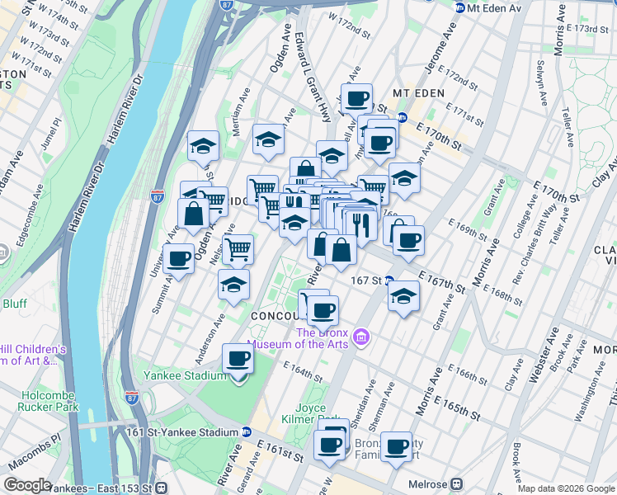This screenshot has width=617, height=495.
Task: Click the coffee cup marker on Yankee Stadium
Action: coord(238,360)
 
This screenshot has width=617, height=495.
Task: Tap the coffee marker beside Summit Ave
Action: coord(178,260)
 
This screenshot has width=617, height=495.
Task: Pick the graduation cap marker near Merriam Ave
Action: coord(203,146)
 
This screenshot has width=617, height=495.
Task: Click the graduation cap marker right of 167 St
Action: coord(403,295)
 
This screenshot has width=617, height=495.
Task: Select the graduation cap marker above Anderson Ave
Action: coord(233,285)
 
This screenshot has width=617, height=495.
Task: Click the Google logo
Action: coord(27,486)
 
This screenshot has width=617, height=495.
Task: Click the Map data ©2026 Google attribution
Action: coord(566,488)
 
